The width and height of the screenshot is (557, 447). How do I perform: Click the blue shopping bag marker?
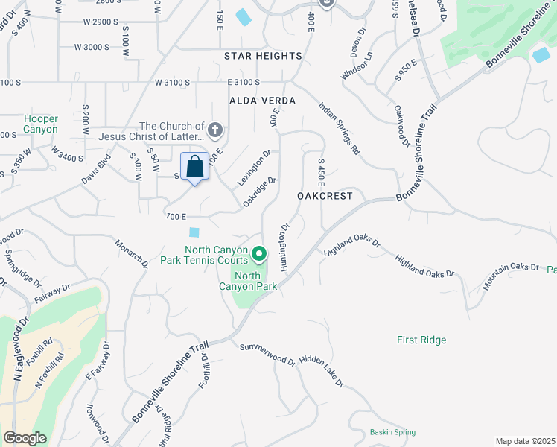click(x=194, y=167)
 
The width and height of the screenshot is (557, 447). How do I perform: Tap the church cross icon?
click(x=215, y=131)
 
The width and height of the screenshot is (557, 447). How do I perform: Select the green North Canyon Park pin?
click(x=259, y=255)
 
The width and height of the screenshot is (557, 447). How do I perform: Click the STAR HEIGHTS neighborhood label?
click(x=263, y=56)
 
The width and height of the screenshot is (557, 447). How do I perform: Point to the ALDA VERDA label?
click(x=263, y=101)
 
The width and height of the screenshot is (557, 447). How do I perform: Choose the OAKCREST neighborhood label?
click(x=324, y=196)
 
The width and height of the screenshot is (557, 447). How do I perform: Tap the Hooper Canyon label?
click(x=40, y=124)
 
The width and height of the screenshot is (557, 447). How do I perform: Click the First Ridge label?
click(x=421, y=340)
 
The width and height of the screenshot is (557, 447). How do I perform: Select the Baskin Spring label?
click(x=392, y=432)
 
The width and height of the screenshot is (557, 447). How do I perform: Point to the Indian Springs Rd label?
click(x=339, y=127)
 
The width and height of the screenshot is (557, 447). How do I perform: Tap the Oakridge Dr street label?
click(x=260, y=191)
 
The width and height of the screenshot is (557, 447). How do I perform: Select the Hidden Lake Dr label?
click(x=322, y=371)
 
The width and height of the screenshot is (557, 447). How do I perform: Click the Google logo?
click(x=25, y=438)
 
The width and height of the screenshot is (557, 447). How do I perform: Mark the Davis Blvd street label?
click(x=97, y=169)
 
